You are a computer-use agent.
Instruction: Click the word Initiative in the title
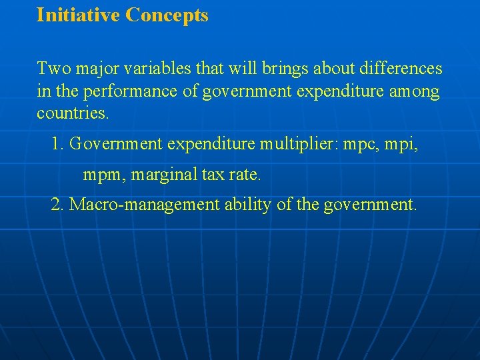[78, 15]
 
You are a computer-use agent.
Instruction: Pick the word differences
[401, 69]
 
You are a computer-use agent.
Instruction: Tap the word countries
[72, 113]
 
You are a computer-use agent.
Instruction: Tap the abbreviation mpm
[103, 176]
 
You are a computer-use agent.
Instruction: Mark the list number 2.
[57, 205]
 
